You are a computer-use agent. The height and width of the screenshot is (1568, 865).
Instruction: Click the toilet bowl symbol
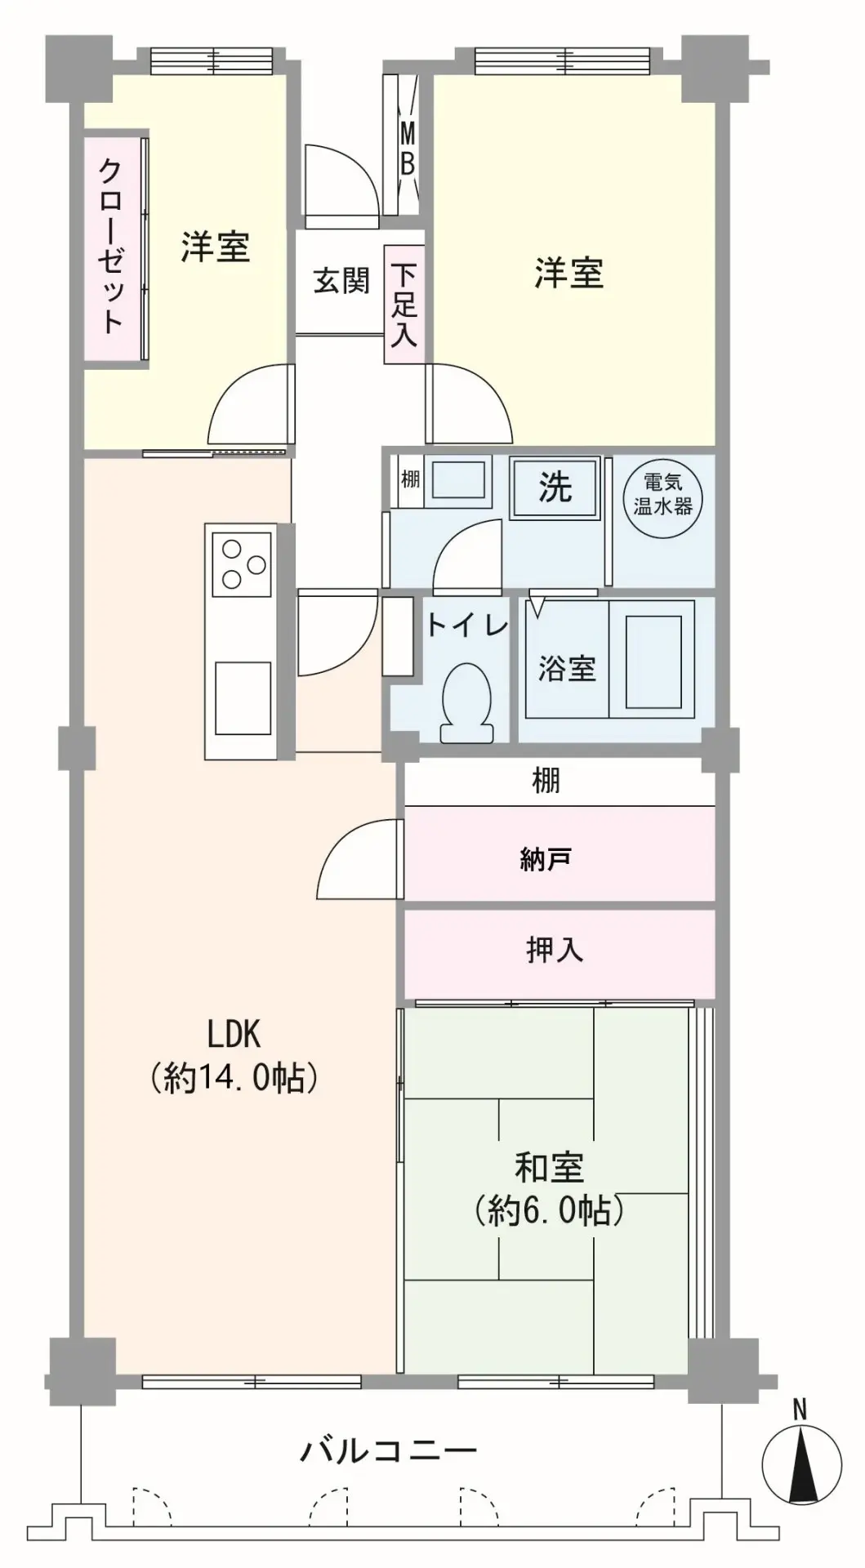pyautogui.click(x=467, y=703)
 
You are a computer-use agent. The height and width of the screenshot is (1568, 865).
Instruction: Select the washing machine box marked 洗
pyautogui.click(x=555, y=488)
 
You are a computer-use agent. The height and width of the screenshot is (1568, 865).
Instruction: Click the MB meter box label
pyautogui.click(x=407, y=147)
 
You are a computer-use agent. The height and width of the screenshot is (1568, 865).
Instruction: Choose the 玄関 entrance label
pyautogui.click(x=341, y=281)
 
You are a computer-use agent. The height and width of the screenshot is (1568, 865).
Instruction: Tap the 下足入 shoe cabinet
pyautogui.click(x=404, y=304)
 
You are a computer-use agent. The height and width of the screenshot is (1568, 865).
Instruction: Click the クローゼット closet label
pyautogui.click(x=112, y=245)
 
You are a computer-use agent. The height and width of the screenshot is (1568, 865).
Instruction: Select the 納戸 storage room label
pyautogui.click(x=545, y=859)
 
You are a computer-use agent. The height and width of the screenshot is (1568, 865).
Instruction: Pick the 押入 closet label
pyautogui.click(x=555, y=950)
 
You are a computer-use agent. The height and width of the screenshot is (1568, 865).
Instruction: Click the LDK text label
pyautogui.click(x=234, y=1034)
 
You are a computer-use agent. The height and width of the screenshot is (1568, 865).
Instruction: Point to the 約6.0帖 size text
pyautogui.click(x=550, y=1210)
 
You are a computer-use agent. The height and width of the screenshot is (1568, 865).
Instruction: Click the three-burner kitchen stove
pyautogui.click(x=242, y=564)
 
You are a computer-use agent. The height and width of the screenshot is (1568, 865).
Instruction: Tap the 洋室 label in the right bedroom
pyautogui.click(x=569, y=273)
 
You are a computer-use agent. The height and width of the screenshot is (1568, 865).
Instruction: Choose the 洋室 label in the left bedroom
pyautogui.click(x=216, y=247)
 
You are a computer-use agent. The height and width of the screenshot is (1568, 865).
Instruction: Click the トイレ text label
pyautogui.click(x=467, y=626)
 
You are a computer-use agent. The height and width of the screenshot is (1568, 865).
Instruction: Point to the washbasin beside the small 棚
pyautogui.click(x=458, y=479)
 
